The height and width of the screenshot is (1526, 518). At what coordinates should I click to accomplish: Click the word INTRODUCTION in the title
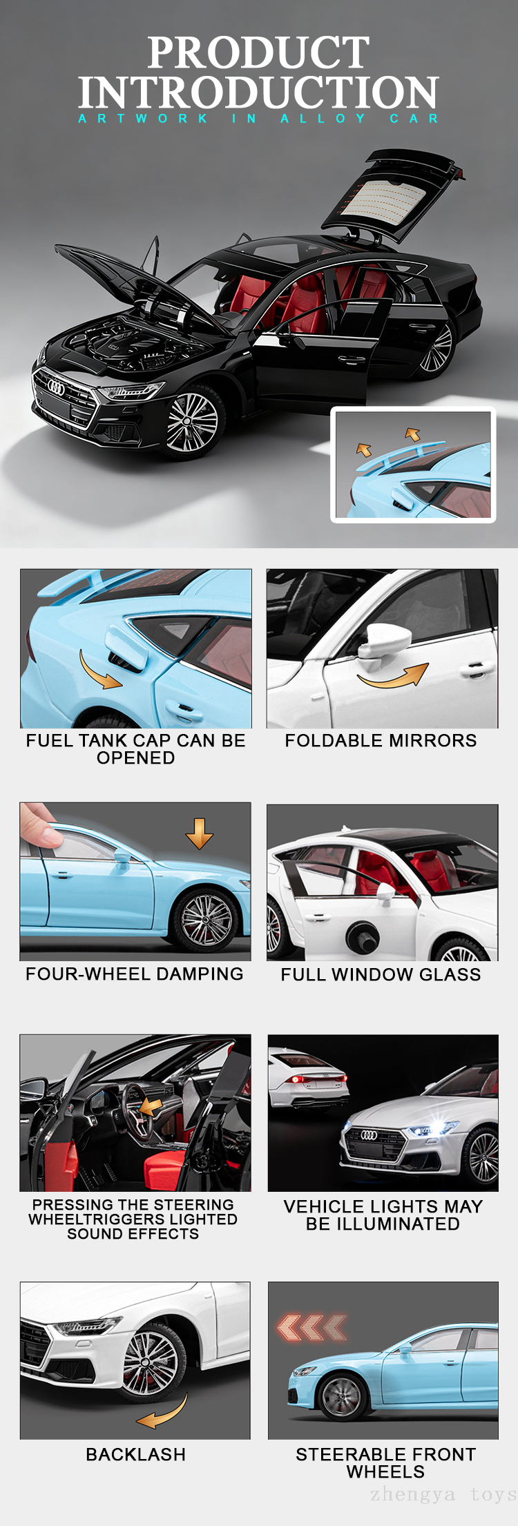[258, 92]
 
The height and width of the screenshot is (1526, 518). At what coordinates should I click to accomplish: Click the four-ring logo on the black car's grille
[56, 389]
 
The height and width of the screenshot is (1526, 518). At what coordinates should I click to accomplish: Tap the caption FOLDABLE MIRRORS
[381, 741]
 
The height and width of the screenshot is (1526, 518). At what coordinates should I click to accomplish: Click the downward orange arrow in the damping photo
[199, 833]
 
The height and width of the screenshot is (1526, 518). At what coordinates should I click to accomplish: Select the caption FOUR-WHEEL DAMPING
[135, 974]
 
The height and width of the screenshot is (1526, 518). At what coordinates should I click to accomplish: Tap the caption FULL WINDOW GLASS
[381, 974]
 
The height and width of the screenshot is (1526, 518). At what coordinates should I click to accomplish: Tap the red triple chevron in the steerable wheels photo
[312, 1327]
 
